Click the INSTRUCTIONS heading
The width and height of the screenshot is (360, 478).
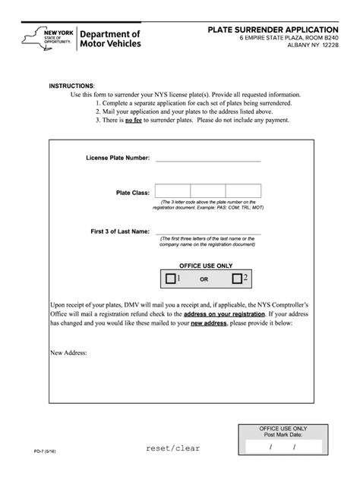tap(72, 86)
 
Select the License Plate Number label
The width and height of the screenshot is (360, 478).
tap(118, 159)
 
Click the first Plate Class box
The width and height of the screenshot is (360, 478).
tap(172, 191)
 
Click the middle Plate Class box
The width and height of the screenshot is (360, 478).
tap(207, 191)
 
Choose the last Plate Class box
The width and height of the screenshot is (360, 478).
tap(243, 191)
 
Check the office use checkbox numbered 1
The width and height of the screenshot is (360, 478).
tap(170, 279)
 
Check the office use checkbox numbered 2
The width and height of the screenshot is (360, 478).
tap(237, 279)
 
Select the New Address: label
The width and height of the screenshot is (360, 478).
tap(68, 353)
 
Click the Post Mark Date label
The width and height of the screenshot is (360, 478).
tap(283, 436)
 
